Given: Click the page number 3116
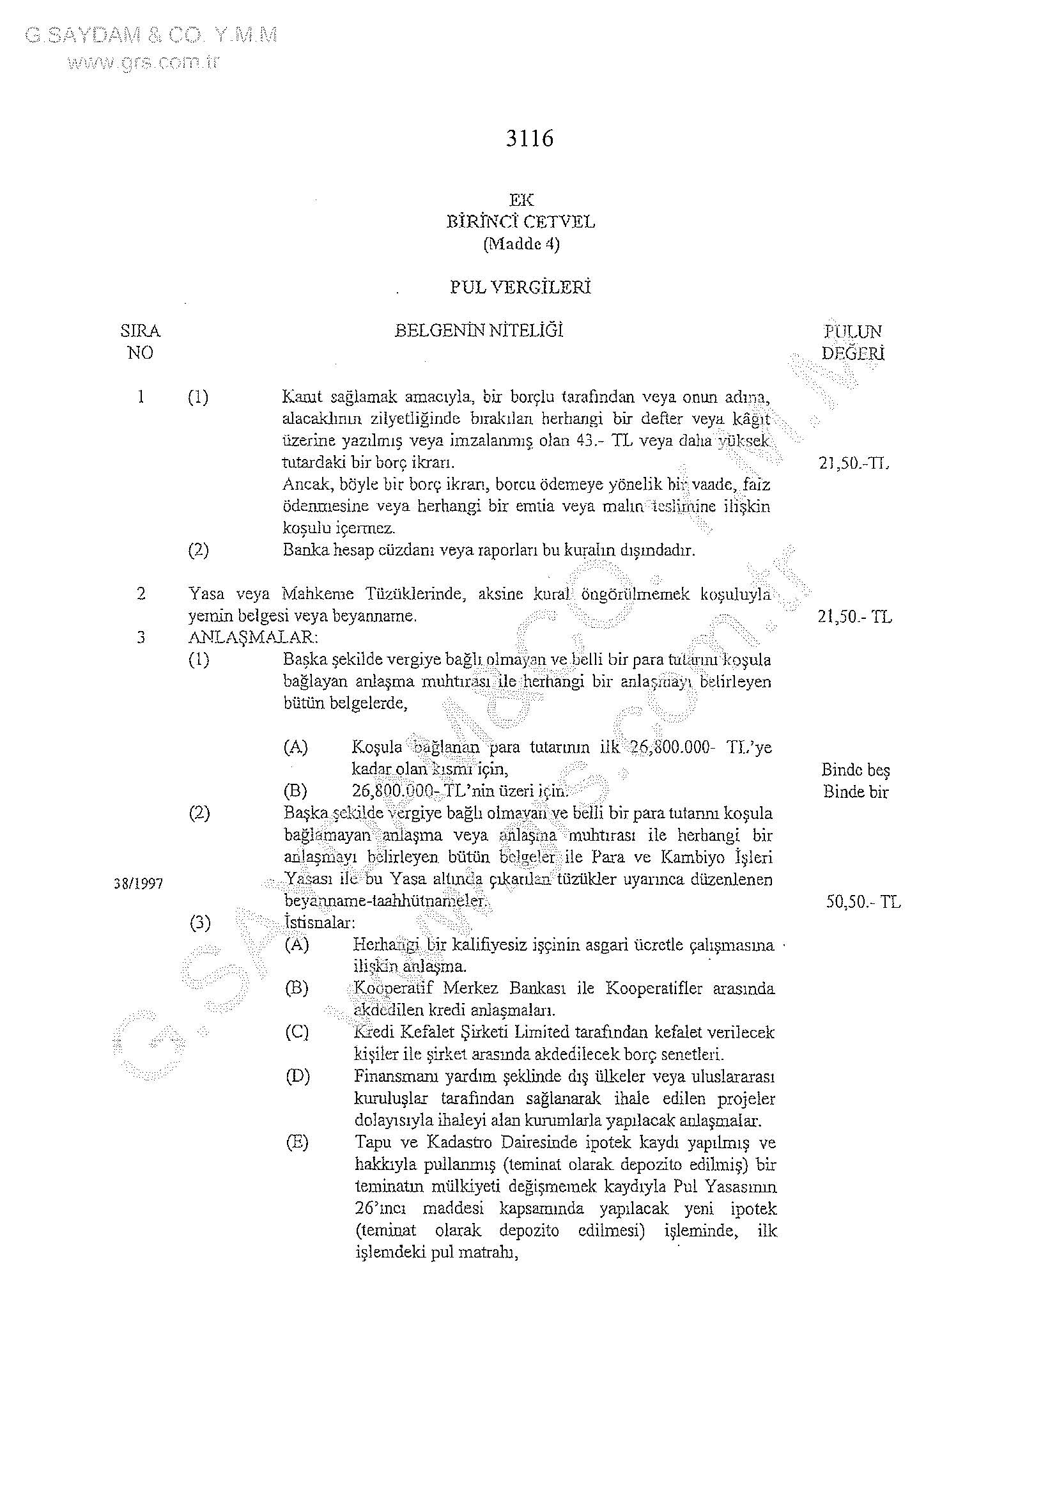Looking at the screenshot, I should pyautogui.click(x=530, y=139).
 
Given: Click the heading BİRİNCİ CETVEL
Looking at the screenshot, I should pyautogui.click(x=520, y=222).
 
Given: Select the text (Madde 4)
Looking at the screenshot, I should pyautogui.click(x=521, y=244).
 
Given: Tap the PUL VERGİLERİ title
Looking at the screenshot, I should pyautogui.click(x=520, y=287).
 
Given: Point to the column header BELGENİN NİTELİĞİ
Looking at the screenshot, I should pyautogui.click(x=479, y=331).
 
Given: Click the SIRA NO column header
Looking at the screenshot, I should pyautogui.click(x=141, y=341).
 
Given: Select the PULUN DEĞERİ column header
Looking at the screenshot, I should pyautogui.click(x=853, y=342).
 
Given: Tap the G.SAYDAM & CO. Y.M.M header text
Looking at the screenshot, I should pyautogui.click(x=151, y=36).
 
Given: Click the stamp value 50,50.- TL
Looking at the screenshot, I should pyautogui.click(x=863, y=903).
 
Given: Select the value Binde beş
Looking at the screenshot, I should pyautogui.click(x=855, y=770).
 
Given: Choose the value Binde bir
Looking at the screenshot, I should pyautogui.click(x=855, y=792).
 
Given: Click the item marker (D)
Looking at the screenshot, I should pyautogui.click(x=297, y=1077).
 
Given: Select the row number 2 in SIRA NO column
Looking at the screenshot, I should pyautogui.click(x=141, y=593).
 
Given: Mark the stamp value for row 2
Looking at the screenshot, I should pyautogui.click(x=854, y=616).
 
